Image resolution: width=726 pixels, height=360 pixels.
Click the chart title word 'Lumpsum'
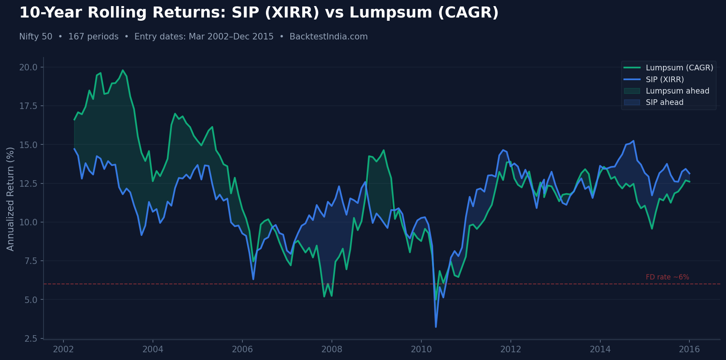point(390,13)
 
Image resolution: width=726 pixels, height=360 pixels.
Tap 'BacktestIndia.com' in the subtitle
point(329,37)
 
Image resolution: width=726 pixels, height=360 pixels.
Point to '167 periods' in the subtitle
point(93,37)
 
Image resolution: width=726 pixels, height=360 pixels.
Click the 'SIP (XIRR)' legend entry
point(665,80)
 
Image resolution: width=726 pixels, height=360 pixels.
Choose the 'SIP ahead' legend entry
point(664,103)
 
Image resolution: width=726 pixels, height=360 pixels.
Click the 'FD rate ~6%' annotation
point(667,277)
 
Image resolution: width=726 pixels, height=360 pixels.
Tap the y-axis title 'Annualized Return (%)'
point(11,199)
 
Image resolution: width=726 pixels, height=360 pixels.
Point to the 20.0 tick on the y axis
point(28,67)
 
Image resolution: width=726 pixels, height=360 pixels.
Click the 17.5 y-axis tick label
point(28,106)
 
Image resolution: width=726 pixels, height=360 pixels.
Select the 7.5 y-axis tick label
point(31,261)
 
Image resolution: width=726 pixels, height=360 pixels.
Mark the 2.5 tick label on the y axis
point(31,338)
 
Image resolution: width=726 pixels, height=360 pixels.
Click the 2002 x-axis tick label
point(63,349)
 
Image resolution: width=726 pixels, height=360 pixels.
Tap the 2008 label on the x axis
point(332,349)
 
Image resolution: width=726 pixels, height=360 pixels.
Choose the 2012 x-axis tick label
point(510,349)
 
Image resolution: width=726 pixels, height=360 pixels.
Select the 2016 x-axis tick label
point(689,349)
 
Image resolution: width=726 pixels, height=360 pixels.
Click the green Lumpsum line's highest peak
point(123,70)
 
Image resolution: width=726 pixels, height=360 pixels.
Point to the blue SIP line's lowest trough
point(436,327)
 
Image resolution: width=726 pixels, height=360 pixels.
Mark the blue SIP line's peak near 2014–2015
point(633,141)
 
